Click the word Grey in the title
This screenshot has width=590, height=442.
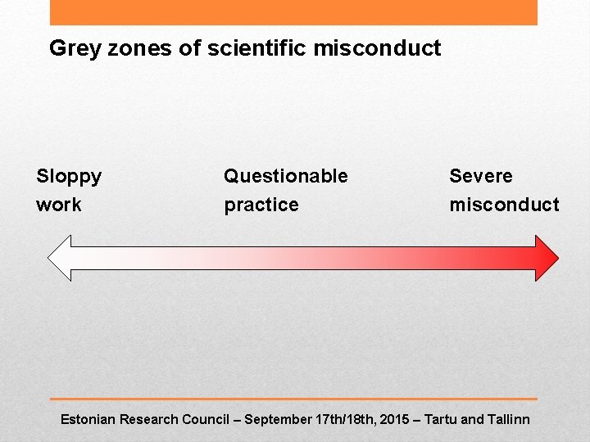click(70, 48)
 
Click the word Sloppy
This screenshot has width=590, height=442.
click(69, 177)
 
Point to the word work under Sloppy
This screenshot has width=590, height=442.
click(59, 205)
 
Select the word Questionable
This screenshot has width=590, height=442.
click(285, 176)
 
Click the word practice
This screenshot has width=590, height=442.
click(261, 205)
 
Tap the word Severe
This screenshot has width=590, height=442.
click(481, 176)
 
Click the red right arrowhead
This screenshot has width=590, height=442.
click(547, 258)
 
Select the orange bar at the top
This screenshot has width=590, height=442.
click(293, 12)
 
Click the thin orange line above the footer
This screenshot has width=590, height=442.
click(293, 399)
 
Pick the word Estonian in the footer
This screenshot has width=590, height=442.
click(88, 419)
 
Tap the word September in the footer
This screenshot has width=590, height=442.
click(278, 419)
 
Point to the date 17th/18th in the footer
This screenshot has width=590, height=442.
click(345, 419)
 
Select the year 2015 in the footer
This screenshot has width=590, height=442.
click(395, 419)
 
